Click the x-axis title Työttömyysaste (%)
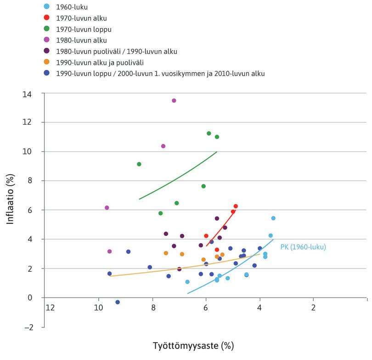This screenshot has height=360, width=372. pos(197,344)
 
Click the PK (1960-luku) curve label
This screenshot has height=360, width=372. pos(303,247)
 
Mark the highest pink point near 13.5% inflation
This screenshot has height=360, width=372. pos(174,101)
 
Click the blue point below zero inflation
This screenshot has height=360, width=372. pos(118,302)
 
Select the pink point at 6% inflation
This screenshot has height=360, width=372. pos(107,208)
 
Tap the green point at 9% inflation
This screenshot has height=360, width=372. pos(139,164)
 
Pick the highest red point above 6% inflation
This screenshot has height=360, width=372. pos(236,206)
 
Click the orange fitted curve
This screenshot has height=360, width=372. pos(184,265)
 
